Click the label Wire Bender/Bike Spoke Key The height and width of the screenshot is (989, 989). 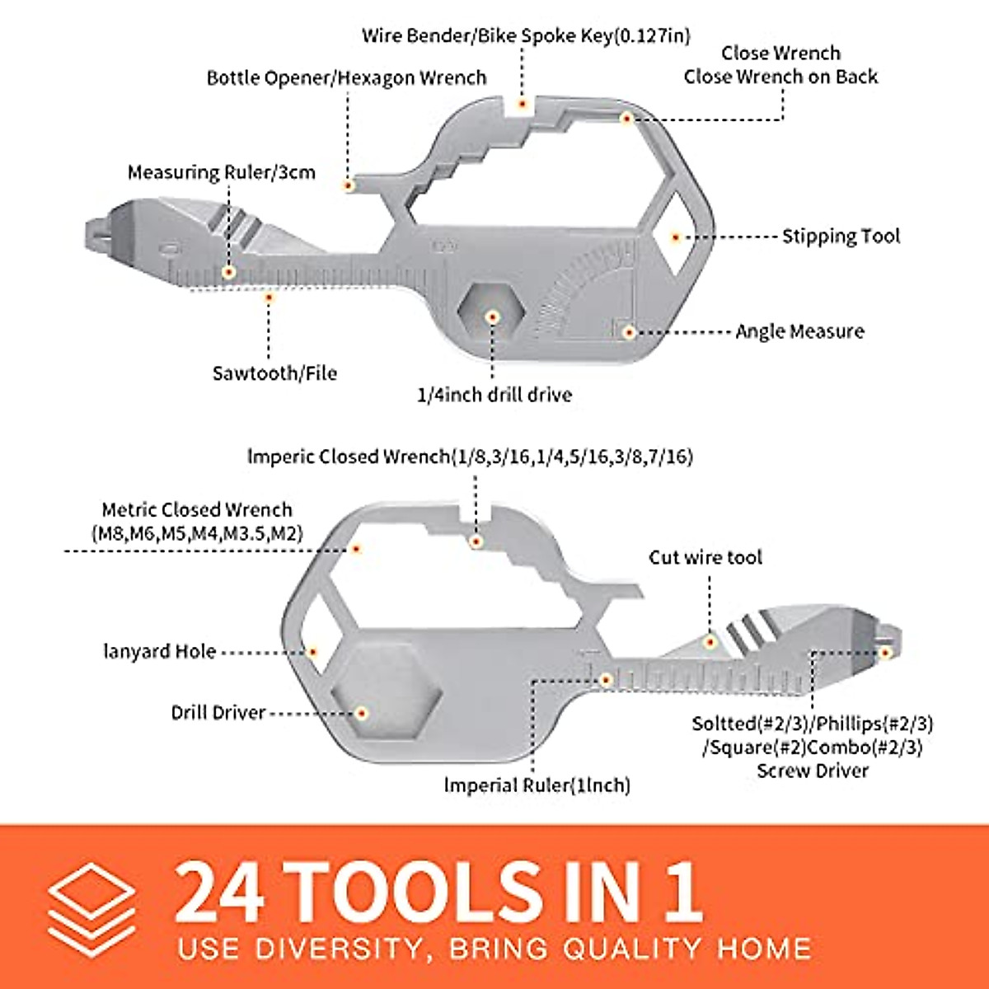point(526,36)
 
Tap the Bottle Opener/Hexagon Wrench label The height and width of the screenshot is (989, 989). point(346,78)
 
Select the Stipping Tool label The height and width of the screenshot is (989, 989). point(841,237)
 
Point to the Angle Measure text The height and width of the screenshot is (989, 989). point(799,331)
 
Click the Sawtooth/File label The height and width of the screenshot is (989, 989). point(274,373)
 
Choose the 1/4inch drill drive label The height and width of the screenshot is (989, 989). point(494,395)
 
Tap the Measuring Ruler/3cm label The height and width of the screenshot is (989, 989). point(221,173)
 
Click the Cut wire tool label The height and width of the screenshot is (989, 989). point(705,558)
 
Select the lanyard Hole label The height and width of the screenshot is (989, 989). point(159,652)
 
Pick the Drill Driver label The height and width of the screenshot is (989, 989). point(218,713)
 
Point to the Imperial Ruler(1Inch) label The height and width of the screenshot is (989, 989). point(537,785)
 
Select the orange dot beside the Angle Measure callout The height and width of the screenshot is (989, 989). point(628,331)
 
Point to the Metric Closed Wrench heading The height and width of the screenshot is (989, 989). point(197,510)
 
